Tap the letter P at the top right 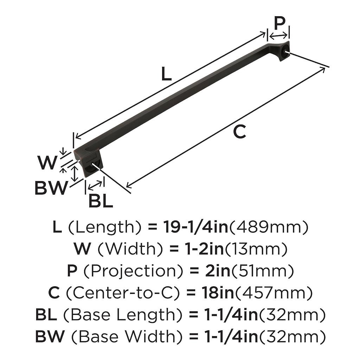(279, 24)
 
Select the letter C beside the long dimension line (239, 132)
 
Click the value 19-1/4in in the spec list (195, 227)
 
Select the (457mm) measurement (273, 293)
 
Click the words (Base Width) (127, 336)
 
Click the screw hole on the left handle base (94, 164)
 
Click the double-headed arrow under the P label (278, 36)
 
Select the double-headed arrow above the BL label (95, 185)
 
